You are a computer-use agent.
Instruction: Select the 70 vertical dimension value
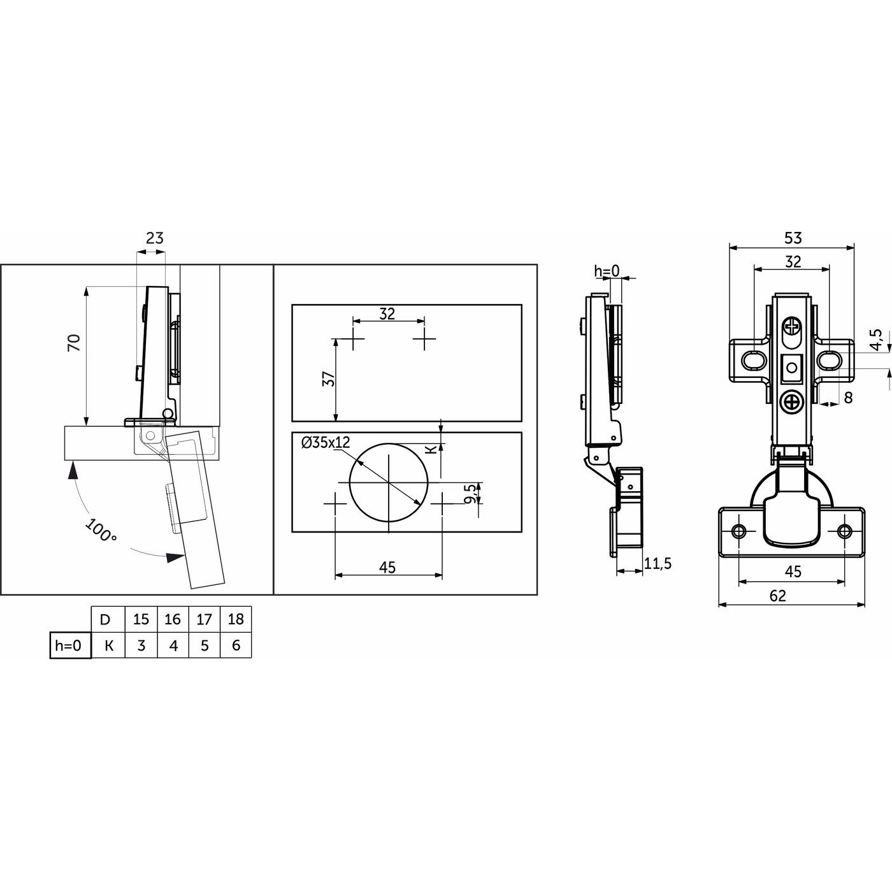tap(75, 343)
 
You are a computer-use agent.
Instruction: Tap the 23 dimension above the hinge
tap(155, 238)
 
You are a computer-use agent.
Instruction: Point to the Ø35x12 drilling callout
tap(326, 443)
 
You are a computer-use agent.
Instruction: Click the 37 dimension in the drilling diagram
tap(329, 379)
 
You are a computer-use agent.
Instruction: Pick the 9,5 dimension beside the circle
tap(470, 493)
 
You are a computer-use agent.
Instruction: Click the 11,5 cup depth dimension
tap(658, 563)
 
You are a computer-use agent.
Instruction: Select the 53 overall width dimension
tap(793, 238)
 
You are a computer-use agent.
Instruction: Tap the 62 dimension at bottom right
tap(777, 596)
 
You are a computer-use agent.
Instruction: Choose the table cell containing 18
tap(236, 619)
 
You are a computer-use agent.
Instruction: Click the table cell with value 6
tap(236, 645)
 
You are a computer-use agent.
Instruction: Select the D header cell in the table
tap(106, 619)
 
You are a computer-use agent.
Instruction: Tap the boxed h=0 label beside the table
tap(69, 645)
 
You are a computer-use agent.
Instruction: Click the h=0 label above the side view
tap(607, 271)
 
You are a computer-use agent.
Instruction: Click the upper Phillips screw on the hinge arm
tap(792, 328)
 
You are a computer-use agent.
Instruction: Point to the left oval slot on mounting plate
tap(754, 360)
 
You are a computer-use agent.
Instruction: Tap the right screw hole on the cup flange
tap(844, 531)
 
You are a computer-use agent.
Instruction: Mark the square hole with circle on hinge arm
tap(792, 368)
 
